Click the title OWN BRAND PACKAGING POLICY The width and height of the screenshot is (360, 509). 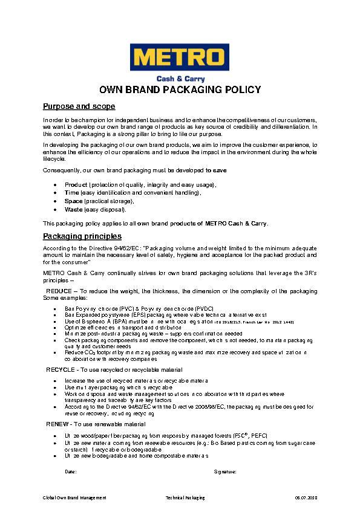(180, 90)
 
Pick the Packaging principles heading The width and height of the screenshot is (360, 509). (82, 236)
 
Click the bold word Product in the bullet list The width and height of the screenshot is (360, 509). (76, 184)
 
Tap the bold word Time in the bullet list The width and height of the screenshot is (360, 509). (71, 192)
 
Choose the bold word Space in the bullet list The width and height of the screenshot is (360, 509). (74, 201)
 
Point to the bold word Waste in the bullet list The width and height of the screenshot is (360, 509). (74, 209)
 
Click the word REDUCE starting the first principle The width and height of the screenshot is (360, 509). (59, 291)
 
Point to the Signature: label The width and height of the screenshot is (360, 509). (224, 470)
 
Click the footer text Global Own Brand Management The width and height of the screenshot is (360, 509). (74, 498)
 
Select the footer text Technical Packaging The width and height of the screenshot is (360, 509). (185, 498)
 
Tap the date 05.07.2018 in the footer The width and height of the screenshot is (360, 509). (305, 498)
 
